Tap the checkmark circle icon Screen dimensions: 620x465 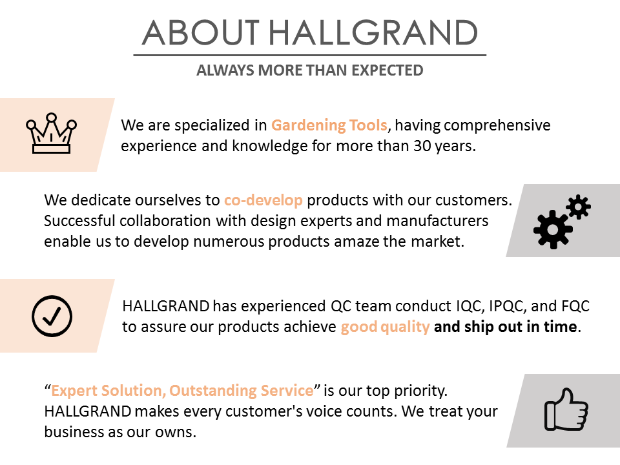[52, 316]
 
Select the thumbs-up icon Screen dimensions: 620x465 [566, 409]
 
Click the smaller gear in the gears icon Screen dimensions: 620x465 [579, 207]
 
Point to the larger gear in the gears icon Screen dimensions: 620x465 [553, 230]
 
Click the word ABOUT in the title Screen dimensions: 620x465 [200, 33]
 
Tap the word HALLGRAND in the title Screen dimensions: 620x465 [373, 33]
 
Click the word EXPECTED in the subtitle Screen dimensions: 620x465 [387, 70]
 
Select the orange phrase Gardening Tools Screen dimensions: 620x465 [329, 125]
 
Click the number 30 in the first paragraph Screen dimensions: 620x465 [422, 146]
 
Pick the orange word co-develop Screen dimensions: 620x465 [263, 200]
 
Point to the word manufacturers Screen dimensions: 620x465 [437, 221]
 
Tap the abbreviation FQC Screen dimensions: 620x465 [575, 306]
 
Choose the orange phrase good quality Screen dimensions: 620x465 [385, 327]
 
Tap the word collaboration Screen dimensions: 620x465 [165, 221]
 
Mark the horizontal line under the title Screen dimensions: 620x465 [310, 55]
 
